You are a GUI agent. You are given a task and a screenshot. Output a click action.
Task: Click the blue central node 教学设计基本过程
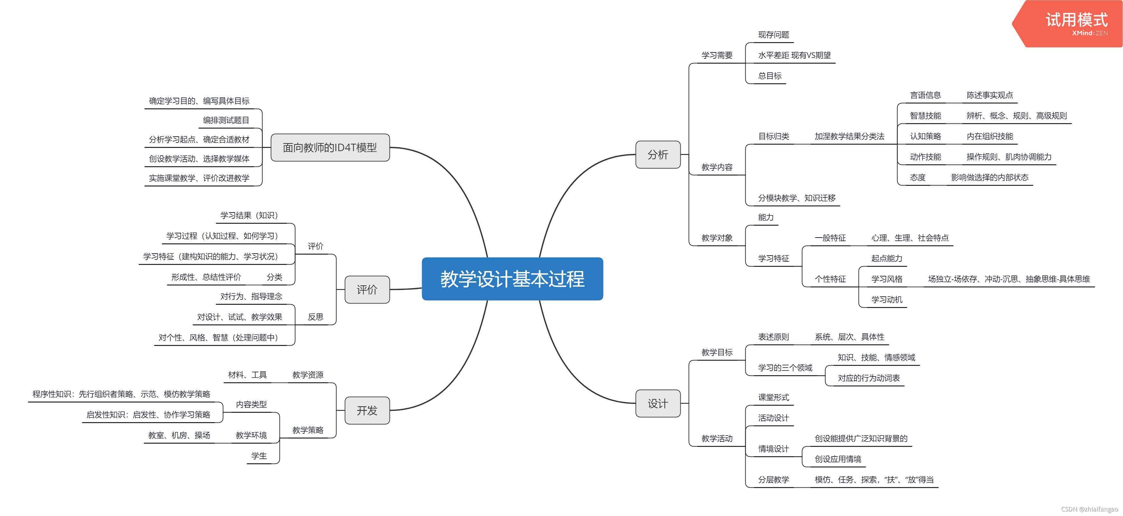512,279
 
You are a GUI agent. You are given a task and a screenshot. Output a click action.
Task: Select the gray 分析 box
658,155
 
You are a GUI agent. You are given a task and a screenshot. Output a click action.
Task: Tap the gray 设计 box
658,403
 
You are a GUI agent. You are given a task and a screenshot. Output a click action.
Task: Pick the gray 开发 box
367,411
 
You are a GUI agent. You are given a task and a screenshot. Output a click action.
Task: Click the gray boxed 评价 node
367,290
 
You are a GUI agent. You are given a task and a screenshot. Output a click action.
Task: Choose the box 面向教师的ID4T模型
330,148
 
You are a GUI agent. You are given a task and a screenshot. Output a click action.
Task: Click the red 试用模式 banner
1072,23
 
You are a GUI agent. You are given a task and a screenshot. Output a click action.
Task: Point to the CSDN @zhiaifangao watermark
1089,509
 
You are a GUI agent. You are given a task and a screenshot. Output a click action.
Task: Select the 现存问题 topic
773,35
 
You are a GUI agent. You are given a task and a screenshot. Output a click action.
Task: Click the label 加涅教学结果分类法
849,136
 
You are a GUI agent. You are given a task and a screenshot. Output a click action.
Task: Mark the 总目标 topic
769,76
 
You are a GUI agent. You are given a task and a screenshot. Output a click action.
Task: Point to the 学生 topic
259,456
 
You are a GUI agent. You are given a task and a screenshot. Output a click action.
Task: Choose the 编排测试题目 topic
226,120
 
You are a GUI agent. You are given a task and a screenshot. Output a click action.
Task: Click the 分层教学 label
773,479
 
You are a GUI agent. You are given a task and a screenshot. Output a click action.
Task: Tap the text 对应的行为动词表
869,378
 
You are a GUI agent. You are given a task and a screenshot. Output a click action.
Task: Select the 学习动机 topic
887,299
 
